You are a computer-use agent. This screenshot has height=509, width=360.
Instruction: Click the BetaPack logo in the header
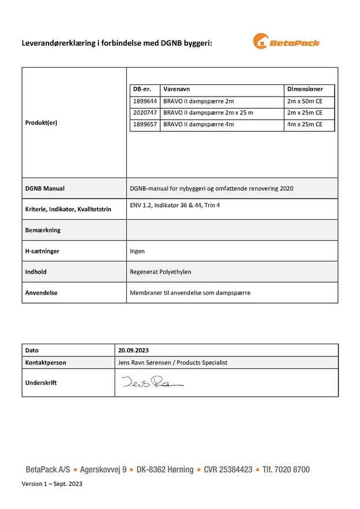pyautogui.click(x=286, y=42)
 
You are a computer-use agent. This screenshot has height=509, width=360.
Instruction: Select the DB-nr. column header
pyautogui.click(x=142, y=90)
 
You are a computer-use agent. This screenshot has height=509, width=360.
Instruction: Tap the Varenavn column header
pyautogui.click(x=177, y=90)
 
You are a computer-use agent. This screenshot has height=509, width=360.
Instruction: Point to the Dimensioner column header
pyautogui.click(x=305, y=90)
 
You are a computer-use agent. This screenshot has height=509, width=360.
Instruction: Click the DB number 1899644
pyautogui.click(x=145, y=101)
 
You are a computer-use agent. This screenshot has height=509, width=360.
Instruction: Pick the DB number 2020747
pyautogui.click(x=145, y=113)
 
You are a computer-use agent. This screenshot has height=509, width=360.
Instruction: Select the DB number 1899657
pyautogui.click(x=145, y=124)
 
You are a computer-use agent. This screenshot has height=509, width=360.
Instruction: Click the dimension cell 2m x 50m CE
pyautogui.click(x=305, y=101)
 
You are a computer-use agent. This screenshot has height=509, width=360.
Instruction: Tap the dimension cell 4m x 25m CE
pyautogui.click(x=305, y=124)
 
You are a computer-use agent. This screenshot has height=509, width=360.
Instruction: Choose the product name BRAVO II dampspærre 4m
pyautogui.click(x=199, y=124)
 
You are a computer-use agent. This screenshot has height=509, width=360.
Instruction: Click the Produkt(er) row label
pyautogui.click(x=41, y=123)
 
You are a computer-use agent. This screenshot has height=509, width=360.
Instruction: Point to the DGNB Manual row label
pyautogui.click(x=45, y=189)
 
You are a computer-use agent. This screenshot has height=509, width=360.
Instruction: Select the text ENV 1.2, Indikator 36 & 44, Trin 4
pyautogui.click(x=175, y=205)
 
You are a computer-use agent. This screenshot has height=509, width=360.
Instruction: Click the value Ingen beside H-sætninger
pyautogui.click(x=137, y=251)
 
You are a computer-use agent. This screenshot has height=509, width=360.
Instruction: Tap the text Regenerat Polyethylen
pyautogui.click(x=160, y=272)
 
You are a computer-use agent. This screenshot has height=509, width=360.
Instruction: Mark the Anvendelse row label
pyautogui.click(x=41, y=293)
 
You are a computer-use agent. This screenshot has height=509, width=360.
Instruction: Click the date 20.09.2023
pyautogui.click(x=134, y=351)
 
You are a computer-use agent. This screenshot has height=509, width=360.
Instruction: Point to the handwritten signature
pyautogui.click(x=152, y=382)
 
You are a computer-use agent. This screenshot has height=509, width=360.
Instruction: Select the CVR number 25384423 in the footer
pyautogui.click(x=228, y=470)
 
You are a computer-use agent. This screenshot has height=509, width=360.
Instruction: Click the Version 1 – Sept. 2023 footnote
pyautogui.click(x=52, y=484)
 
